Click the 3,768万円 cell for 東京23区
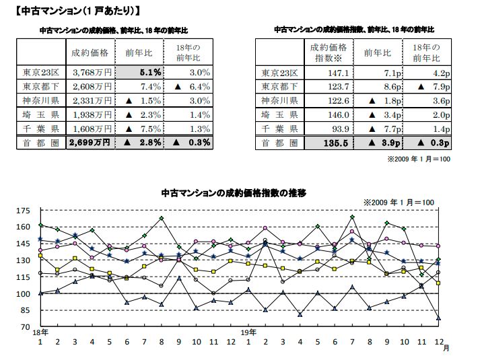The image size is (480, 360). tap(91, 73)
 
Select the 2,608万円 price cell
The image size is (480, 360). tap(91, 87)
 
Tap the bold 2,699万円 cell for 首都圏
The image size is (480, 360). tap(91, 143)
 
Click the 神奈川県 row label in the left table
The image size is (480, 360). tap(40, 101)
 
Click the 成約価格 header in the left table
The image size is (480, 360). tap(90, 51)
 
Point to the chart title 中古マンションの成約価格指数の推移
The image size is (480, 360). tap(234, 193)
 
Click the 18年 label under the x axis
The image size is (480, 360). tap(40, 333)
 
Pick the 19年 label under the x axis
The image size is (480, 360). tap(248, 333)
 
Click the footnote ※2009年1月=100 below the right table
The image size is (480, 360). tap(419, 159)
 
